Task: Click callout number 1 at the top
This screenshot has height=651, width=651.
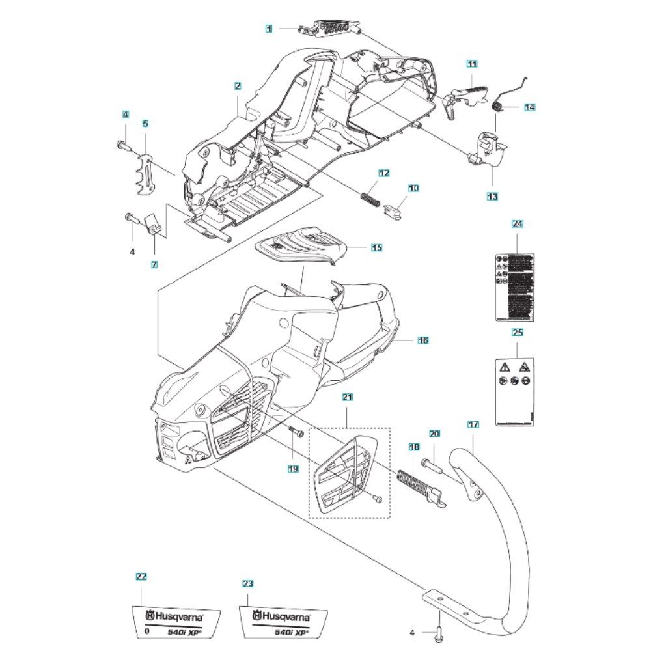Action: [268, 28]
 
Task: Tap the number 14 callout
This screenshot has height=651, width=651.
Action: [529, 107]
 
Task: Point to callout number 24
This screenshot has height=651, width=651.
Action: [518, 225]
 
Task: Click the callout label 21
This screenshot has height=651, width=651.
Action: [347, 396]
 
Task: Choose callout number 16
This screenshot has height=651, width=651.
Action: [422, 340]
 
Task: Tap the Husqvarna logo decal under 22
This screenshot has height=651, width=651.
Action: [175, 622]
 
